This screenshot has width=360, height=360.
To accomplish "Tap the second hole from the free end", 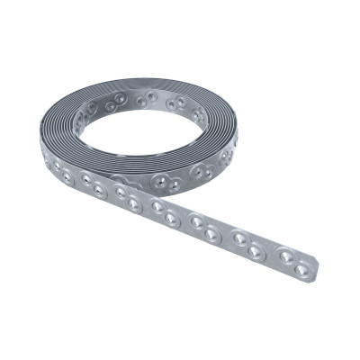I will coord(286,256).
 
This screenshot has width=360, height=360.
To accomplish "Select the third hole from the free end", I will coord(256,251).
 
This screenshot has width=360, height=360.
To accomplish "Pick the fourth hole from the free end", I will coord(240,238).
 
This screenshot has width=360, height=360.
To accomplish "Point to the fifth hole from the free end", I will coord(211,235).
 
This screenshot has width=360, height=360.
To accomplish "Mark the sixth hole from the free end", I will coord(196,221).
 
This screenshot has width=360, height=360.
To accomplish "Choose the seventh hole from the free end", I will coord(171,219).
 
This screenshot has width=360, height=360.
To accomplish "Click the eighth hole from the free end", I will coord(157,207).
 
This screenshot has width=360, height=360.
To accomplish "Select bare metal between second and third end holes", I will coord(271,254).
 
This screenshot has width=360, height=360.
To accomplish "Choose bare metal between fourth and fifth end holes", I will coord(225,237).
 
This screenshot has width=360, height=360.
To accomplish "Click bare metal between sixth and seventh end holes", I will coord(184,220).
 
